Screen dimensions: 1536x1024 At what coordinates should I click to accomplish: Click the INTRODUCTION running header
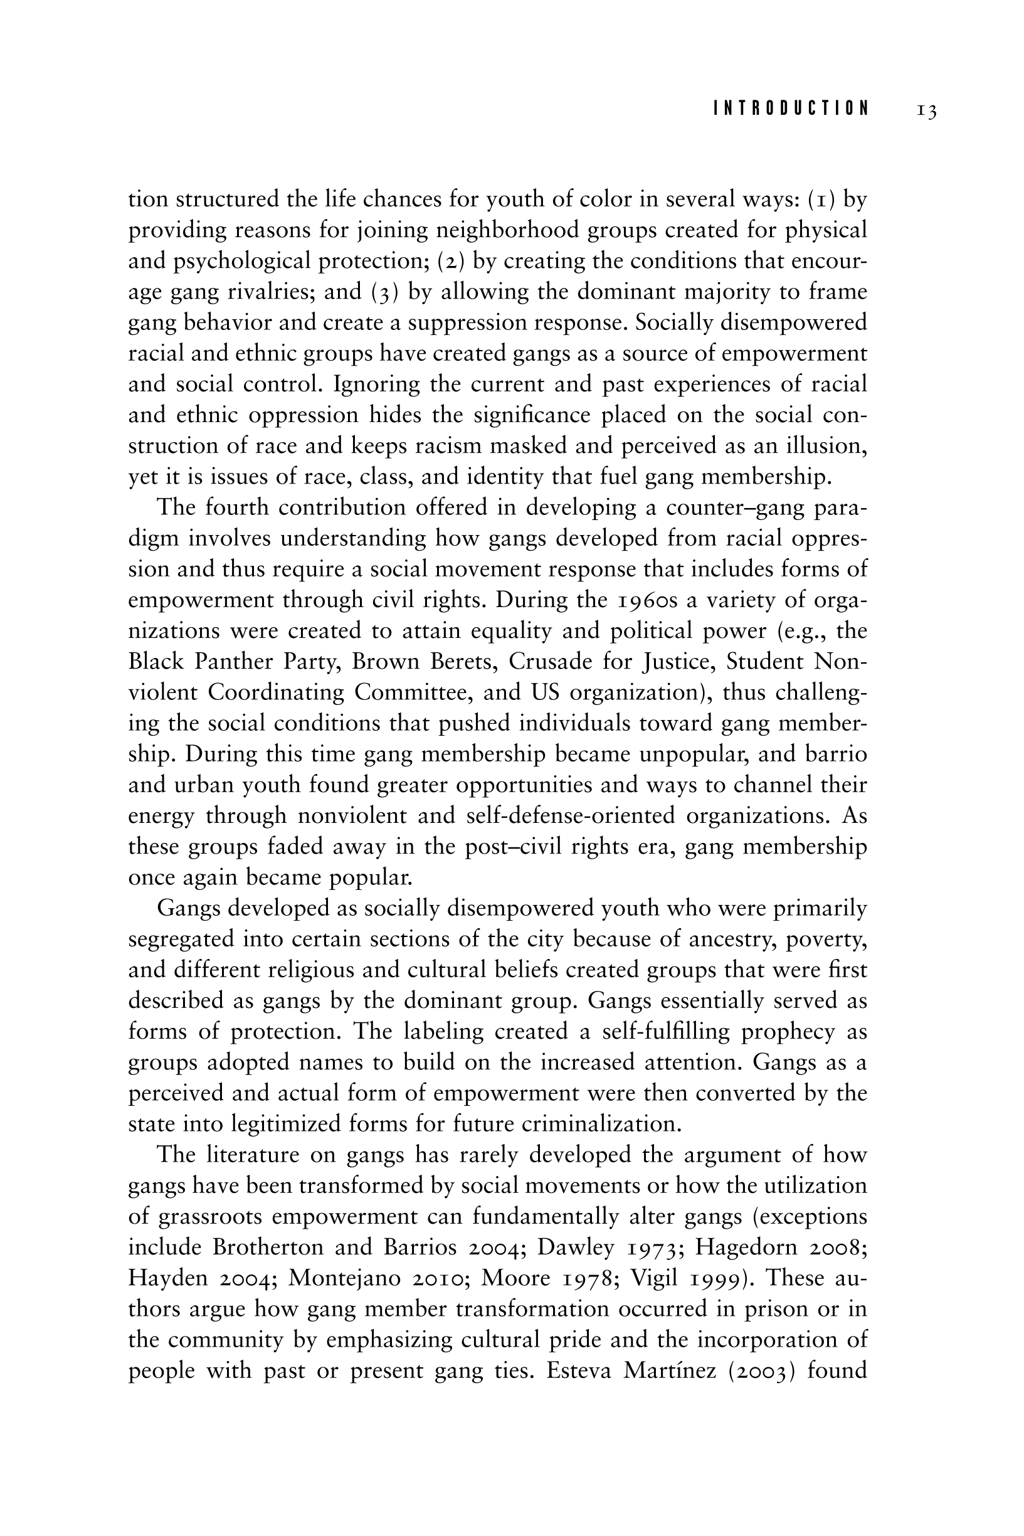(791, 109)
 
